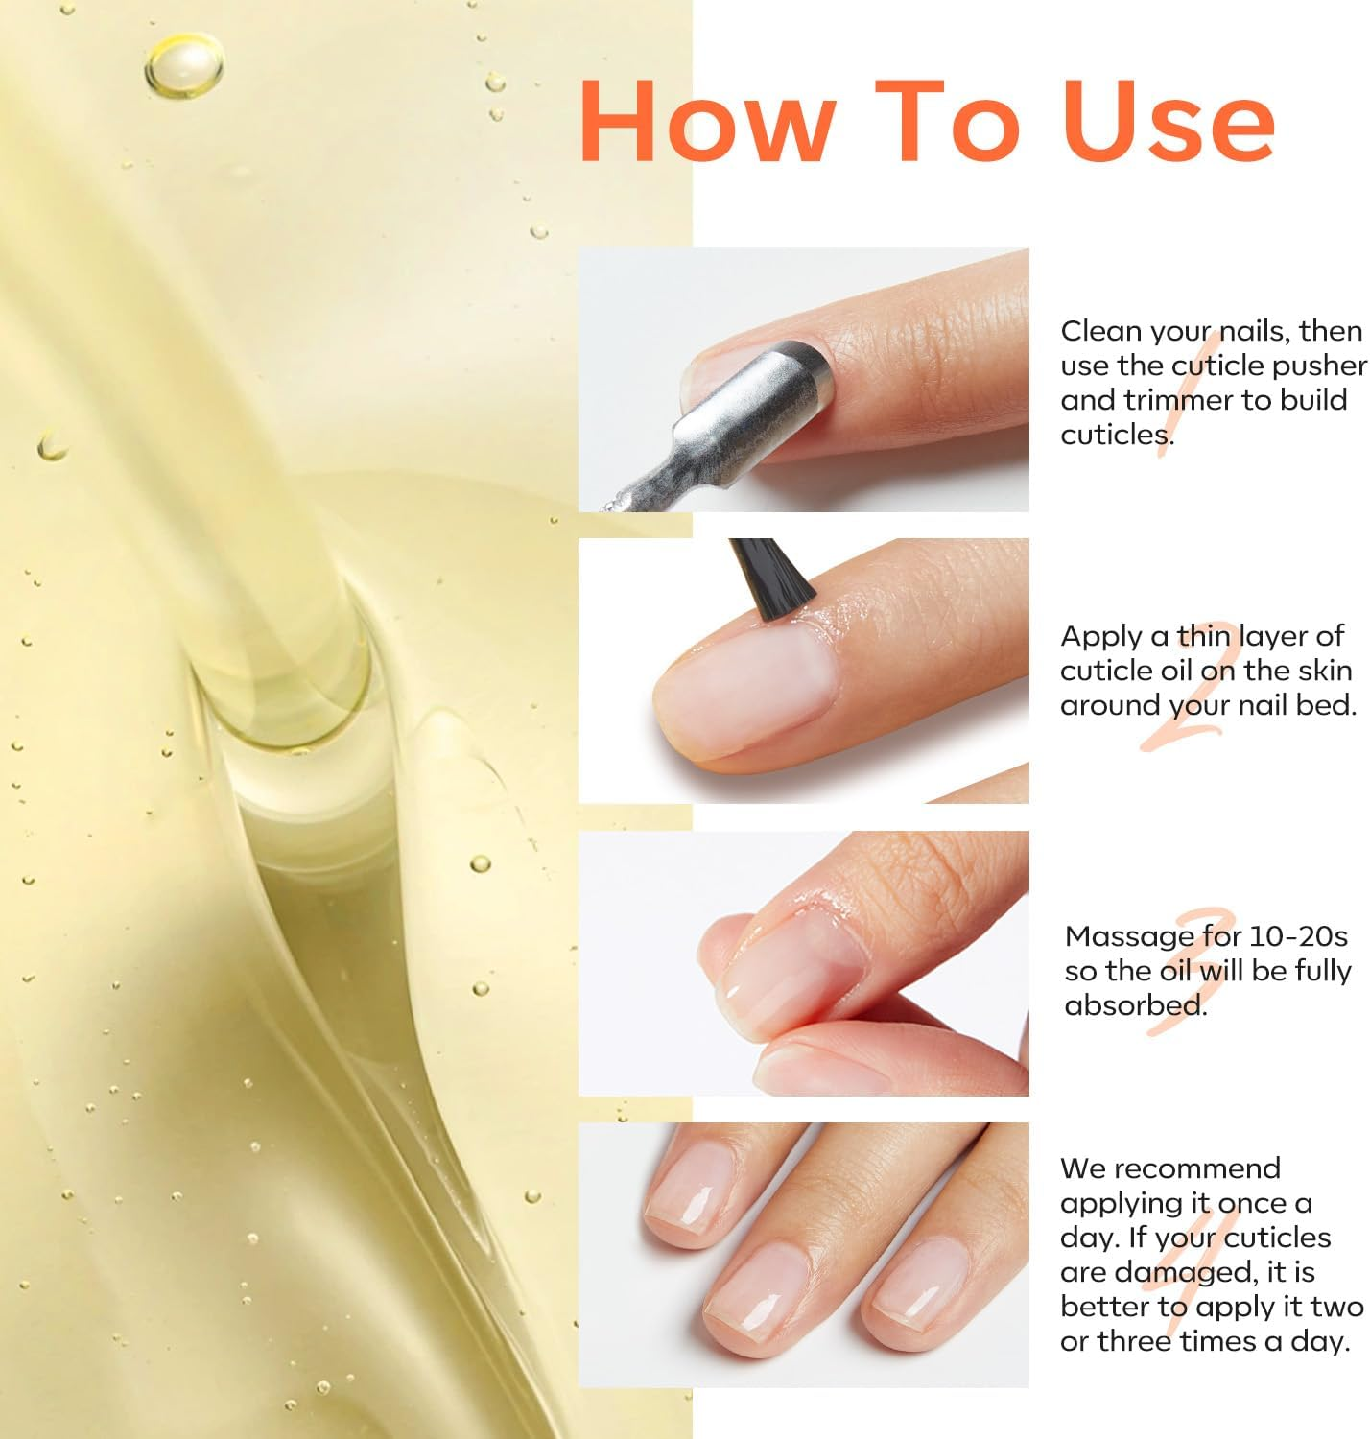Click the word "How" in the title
click(x=706, y=122)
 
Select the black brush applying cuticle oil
click(x=771, y=579)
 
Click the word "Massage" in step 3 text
click(x=1127, y=936)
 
